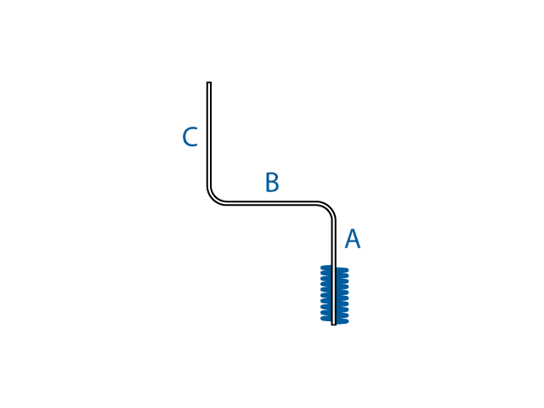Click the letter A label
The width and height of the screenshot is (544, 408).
coord(352,240)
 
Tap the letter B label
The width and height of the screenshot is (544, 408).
coord(271,183)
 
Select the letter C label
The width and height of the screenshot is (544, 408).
coord(190,138)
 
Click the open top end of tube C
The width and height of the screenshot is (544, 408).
coord(208,83)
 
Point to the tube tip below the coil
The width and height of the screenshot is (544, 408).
coord(333,323)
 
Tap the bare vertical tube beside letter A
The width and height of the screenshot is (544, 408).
coord(333,242)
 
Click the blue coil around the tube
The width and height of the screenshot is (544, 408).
coord(334,294)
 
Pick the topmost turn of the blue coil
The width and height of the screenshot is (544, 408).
coord(334,269)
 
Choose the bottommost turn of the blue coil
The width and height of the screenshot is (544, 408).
coord(334,320)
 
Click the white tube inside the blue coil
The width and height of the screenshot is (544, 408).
coord(333,294)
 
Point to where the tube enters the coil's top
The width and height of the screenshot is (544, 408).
coord(333,266)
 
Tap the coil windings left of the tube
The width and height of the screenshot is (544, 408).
coord(326,294)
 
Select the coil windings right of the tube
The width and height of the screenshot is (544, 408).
coord(342,294)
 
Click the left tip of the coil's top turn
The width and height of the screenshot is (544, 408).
coord(321,268)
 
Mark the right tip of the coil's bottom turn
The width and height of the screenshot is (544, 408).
coord(347,320)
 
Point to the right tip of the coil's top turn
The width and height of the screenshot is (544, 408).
coord(347,269)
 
